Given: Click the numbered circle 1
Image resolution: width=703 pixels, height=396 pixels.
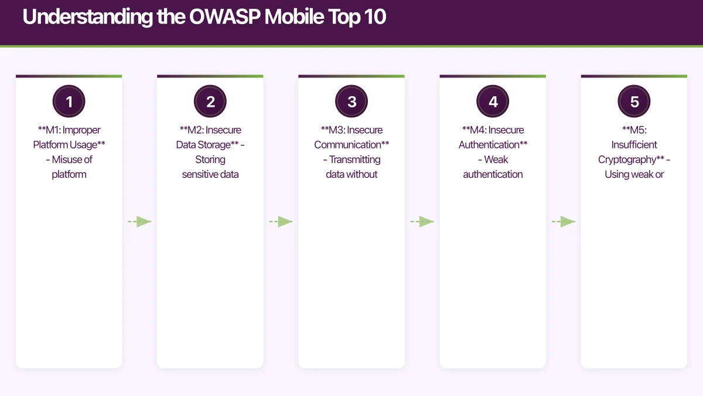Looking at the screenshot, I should (69, 102).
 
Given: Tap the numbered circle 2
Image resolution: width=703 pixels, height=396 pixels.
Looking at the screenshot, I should (210, 102).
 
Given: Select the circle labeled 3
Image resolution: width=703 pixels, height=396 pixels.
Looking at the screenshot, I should (351, 102).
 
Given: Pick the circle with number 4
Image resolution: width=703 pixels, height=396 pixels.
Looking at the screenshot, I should (493, 102).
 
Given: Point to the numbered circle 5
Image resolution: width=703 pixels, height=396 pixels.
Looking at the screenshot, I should (634, 102).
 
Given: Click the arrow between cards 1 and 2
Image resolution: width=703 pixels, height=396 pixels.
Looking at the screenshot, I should (139, 222).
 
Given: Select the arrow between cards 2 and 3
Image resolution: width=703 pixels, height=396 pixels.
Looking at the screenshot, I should (281, 222).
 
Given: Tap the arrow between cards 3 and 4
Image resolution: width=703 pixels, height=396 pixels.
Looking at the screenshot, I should (422, 222).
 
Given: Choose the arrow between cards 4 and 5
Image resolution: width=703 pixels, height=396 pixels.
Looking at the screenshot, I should (564, 222).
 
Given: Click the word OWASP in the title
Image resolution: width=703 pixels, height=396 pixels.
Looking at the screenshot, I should (226, 18).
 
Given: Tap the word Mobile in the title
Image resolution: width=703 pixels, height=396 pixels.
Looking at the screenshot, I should (294, 18).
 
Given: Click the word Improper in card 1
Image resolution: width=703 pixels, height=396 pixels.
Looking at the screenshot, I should (83, 130).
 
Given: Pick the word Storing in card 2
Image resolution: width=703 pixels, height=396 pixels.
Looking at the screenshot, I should (210, 160).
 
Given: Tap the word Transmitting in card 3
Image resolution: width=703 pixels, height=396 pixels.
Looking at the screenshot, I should (354, 160).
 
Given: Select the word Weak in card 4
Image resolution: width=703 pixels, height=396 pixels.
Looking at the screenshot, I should (496, 160).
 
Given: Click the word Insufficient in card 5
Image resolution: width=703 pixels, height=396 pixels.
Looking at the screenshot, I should (634, 145).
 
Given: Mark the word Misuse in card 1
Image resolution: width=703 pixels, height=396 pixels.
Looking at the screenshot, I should (67, 160).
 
